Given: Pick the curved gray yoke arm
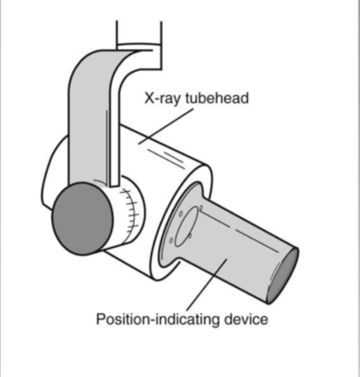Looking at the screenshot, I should click(x=87, y=109).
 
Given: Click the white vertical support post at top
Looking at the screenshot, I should click(x=139, y=33).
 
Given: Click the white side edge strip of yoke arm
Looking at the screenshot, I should click(x=114, y=131).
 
